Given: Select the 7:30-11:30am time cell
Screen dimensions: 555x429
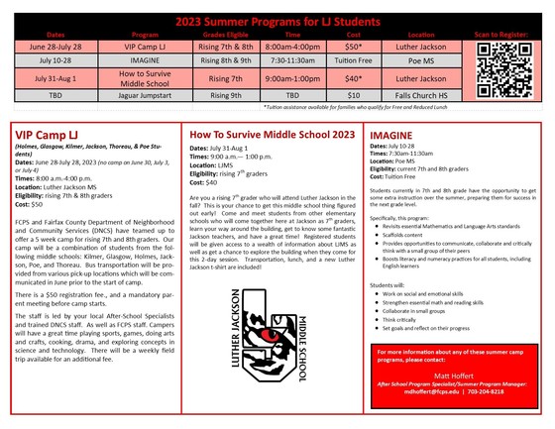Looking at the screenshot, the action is coord(293,60).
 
